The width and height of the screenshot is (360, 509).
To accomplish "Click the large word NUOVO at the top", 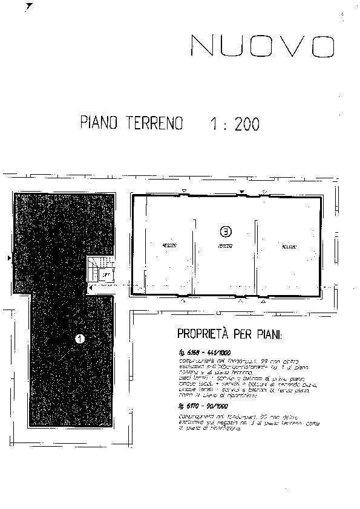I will click(x=263, y=46).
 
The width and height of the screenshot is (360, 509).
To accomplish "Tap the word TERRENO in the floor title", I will click(x=155, y=123).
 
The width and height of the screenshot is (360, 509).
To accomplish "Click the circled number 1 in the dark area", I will click(x=79, y=339).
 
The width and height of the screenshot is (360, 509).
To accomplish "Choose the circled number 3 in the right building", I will click(x=225, y=231).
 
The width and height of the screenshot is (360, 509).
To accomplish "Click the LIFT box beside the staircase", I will click(x=106, y=275).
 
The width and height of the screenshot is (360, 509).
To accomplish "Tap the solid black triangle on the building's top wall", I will click(x=241, y=192).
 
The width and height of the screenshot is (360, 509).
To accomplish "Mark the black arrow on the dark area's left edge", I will click(x=8, y=259).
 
